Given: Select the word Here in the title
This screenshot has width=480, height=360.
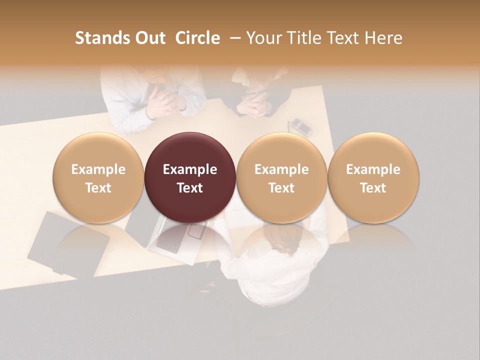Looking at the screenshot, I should point(383,38).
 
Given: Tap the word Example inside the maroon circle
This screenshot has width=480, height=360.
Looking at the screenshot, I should point(190,169).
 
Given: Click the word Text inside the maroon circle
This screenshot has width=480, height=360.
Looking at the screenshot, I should point(190,188).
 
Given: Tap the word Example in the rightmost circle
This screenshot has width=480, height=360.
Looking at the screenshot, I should point(373,169).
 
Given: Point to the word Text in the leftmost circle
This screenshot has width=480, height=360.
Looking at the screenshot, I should point(98,188).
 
